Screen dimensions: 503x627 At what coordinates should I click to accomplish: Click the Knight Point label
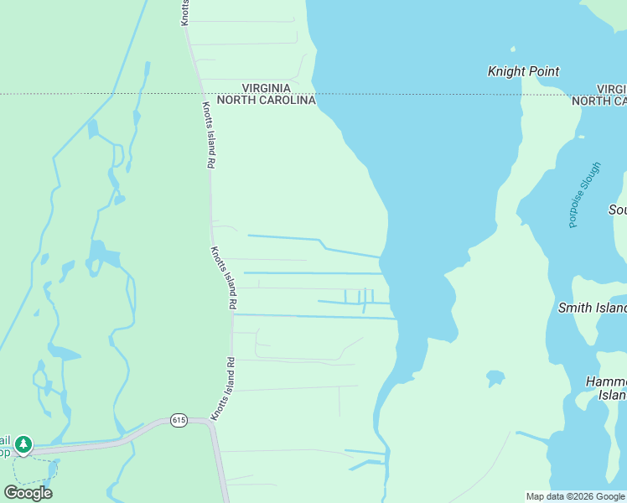(x=523, y=72)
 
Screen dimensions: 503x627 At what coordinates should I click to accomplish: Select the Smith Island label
(x=592, y=308)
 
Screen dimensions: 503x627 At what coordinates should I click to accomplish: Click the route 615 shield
(x=178, y=419)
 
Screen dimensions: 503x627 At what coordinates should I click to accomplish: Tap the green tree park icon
(x=23, y=443)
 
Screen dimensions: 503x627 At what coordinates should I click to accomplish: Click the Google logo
(x=28, y=492)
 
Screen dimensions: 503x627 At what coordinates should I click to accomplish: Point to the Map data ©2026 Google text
(x=575, y=496)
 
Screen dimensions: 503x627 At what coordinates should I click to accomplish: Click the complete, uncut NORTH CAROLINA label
(x=266, y=100)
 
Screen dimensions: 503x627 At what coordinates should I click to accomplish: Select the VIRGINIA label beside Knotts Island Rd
(x=266, y=87)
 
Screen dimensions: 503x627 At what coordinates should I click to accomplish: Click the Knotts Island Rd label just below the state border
(x=206, y=136)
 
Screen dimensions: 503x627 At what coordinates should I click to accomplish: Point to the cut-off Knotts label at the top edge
(x=185, y=13)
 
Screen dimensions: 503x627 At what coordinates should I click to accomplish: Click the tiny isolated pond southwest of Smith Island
(x=495, y=377)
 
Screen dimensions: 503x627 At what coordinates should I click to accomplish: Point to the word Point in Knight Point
(x=542, y=72)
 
